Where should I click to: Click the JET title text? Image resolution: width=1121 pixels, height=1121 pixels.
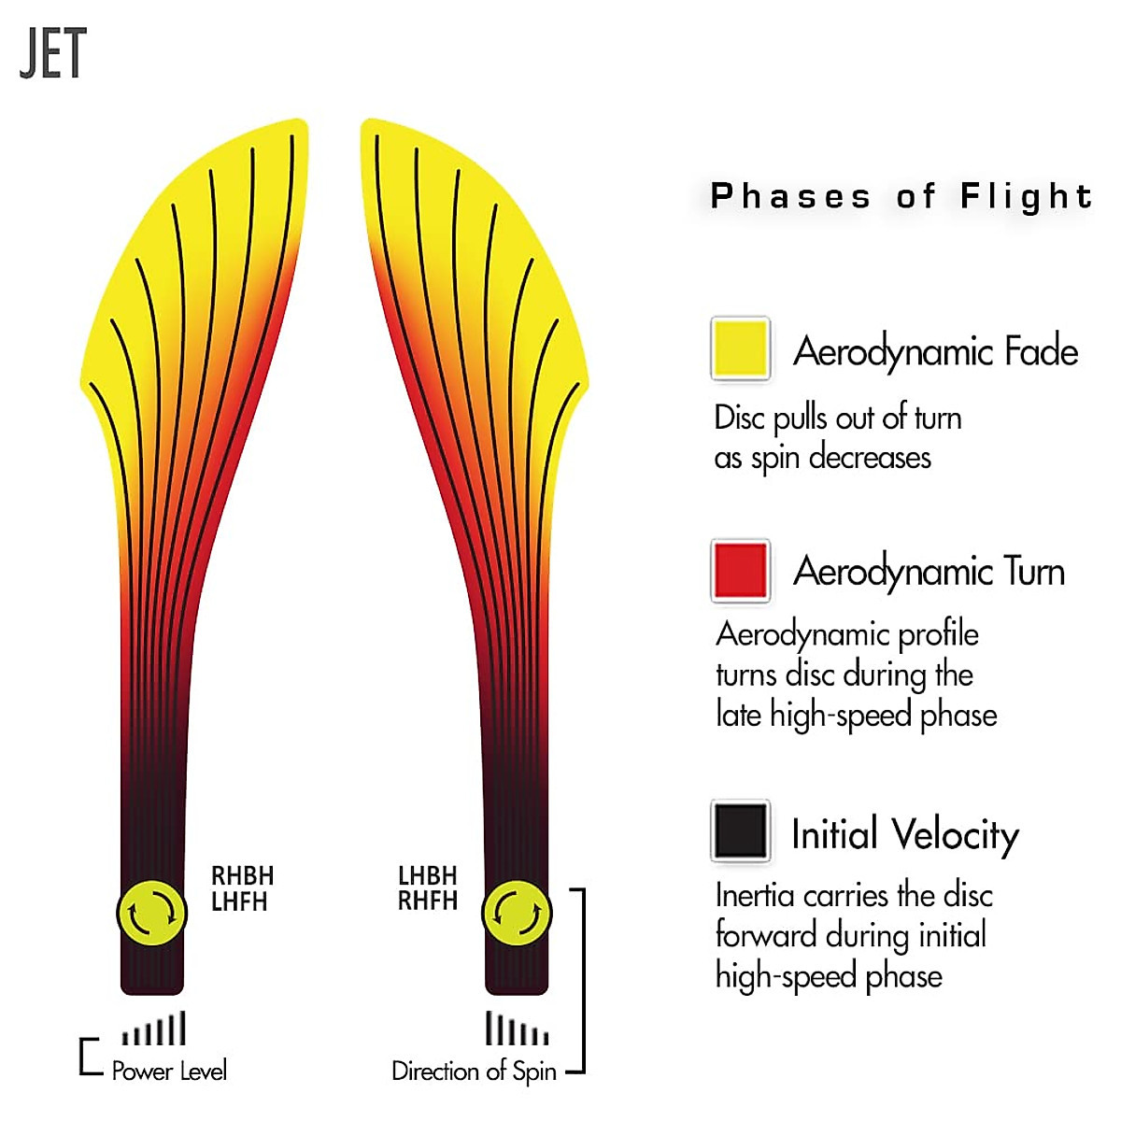(x=53, y=53)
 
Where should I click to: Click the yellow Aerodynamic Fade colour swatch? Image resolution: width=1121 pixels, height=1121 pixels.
(x=740, y=348)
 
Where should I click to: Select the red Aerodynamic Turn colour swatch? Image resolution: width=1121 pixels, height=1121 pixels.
(x=740, y=569)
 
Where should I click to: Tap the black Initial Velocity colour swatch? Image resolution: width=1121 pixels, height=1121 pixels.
(x=740, y=830)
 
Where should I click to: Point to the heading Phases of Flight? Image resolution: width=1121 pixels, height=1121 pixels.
(x=901, y=196)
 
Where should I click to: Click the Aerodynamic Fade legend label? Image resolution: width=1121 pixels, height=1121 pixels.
(x=935, y=352)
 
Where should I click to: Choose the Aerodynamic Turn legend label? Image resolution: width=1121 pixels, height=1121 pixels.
(x=929, y=571)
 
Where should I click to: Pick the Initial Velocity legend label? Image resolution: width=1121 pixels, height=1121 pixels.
(x=904, y=834)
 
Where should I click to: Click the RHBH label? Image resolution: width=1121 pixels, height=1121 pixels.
(x=242, y=876)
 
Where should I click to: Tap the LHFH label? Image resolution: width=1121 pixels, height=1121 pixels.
(x=239, y=902)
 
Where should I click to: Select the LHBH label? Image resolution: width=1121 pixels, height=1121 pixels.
(x=428, y=876)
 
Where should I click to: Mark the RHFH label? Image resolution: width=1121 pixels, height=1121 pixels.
(x=428, y=901)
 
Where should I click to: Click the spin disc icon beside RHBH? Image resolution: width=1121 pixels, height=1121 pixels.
(x=151, y=913)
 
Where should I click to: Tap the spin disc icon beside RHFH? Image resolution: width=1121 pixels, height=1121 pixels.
(x=517, y=913)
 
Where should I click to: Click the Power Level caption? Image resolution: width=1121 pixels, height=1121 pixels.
(x=169, y=1071)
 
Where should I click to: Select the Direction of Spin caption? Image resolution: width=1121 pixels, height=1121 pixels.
(x=474, y=1071)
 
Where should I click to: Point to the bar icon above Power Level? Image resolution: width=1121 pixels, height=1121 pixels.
(x=154, y=1029)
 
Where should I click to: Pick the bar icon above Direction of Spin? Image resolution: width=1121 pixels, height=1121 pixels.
(x=517, y=1029)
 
